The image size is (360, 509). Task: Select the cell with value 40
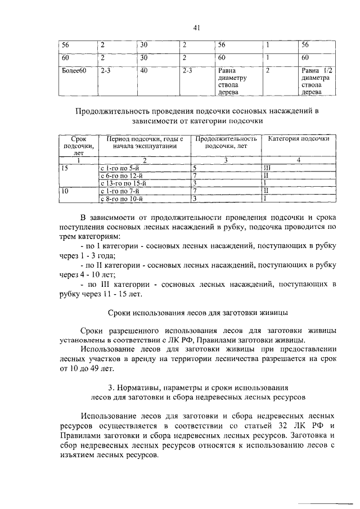pos(144,71)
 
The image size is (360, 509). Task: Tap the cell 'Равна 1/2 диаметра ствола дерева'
pos(315,82)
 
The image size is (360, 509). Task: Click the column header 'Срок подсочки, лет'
pos(78,145)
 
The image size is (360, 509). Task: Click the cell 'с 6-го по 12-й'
pos(121,175)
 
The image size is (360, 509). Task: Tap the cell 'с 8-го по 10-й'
pos(121,199)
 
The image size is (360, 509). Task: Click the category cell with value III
pos(268,168)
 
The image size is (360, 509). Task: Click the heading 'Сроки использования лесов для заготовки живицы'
pos(197,312)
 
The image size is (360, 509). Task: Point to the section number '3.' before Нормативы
pos(110,388)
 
